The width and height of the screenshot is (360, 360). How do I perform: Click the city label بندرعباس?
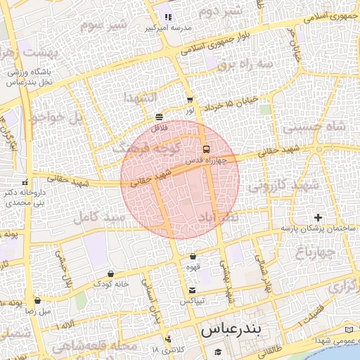click(231, 328)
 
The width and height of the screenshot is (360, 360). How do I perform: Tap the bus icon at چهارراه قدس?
click(206, 149)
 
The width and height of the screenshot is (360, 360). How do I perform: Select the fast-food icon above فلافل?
click(160, 117)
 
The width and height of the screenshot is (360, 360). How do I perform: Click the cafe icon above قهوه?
click(192, 257)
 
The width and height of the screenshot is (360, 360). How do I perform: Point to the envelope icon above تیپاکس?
click(192, 290)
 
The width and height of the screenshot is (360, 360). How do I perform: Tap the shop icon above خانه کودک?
click(110, 274)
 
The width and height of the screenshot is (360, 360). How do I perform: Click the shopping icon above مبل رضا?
click(37, 300)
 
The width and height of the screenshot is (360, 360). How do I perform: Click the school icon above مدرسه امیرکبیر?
click(168, 17)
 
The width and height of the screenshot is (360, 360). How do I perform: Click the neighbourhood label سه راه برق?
click(244, 64)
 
